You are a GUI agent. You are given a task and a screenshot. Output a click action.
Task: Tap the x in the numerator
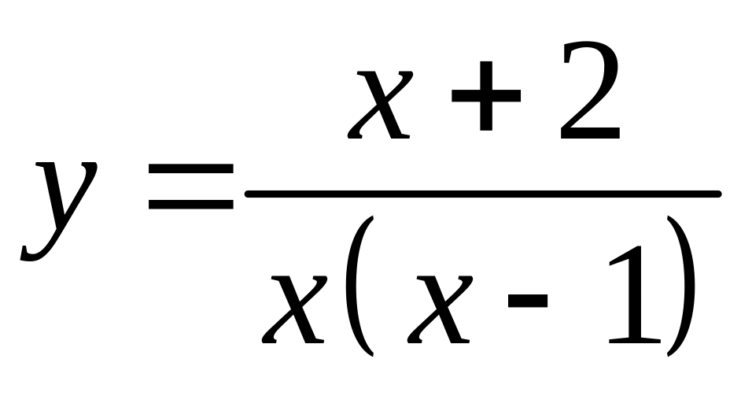pos(385,102)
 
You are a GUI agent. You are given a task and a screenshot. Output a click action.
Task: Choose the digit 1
pos(633,296)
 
